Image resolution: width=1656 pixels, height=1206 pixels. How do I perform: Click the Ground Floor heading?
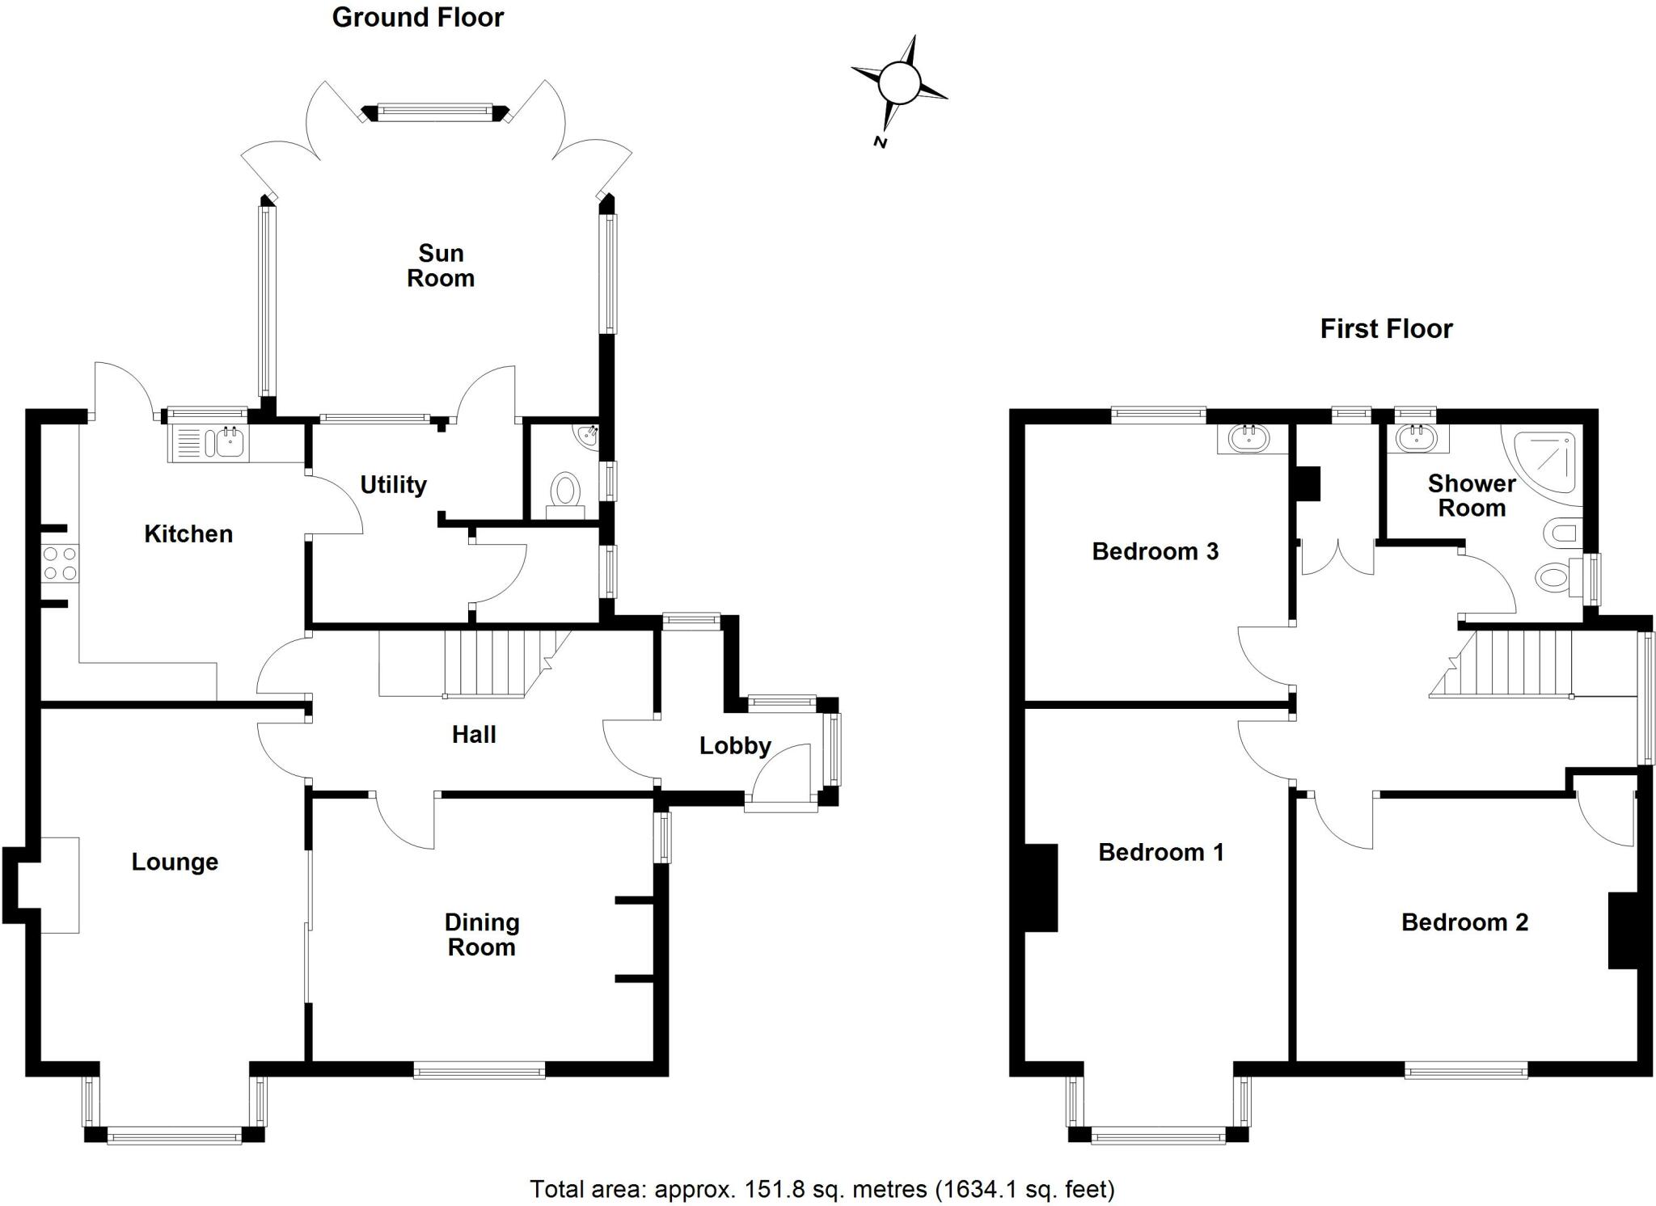[417, 18]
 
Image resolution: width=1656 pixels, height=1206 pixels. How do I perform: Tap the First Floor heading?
[1386, 329]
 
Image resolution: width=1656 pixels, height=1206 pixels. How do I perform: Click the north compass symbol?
[898, 83]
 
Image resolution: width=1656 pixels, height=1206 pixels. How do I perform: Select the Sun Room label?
[440, 266]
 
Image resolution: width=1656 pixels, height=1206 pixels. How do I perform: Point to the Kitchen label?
[188, 533]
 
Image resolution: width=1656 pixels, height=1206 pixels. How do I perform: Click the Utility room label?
[393, 485]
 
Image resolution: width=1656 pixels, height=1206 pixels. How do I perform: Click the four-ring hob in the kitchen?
[61, 563]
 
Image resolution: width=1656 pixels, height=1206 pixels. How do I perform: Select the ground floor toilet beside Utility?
[565, 495]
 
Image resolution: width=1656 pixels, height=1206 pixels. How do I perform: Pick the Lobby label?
[735, 745]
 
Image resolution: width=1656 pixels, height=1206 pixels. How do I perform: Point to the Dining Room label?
[482, 934]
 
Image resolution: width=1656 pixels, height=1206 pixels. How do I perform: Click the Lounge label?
[175, 862]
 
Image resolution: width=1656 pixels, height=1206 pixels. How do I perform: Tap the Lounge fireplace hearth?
[60, 885]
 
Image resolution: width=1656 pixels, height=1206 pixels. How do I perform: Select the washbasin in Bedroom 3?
[1249, 439]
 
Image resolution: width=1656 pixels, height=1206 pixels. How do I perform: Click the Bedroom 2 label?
[1464, 922]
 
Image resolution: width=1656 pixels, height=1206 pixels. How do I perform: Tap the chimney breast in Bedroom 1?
[1041, 888]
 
